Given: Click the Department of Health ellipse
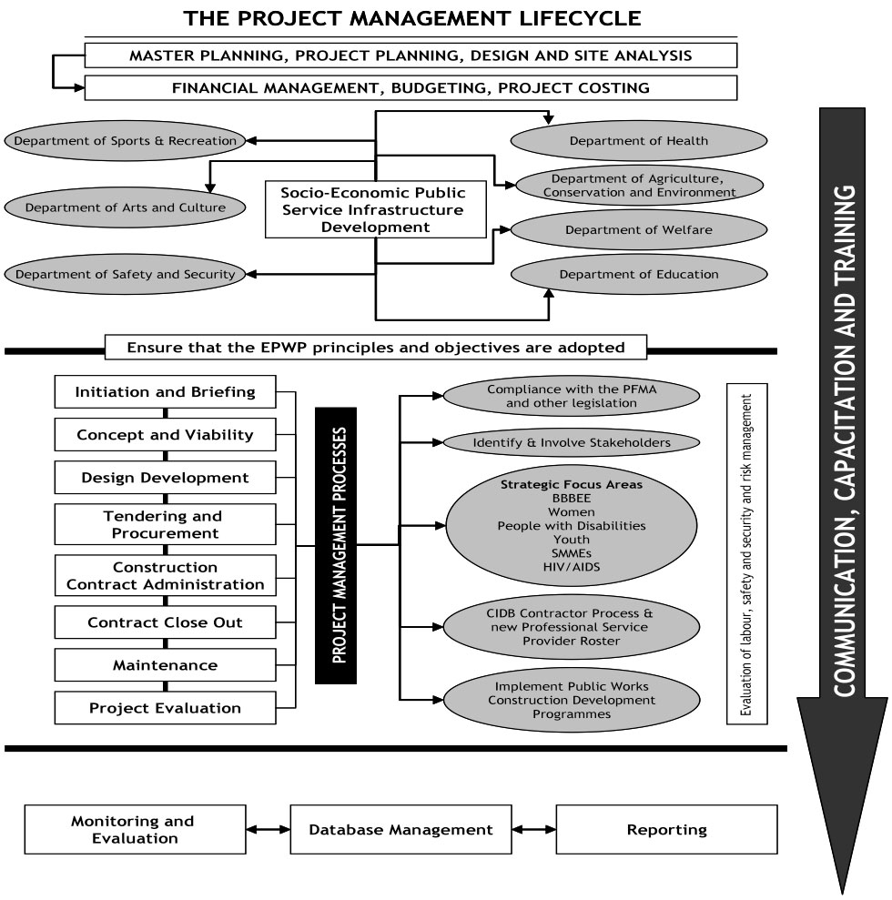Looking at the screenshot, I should [x=638, y=141].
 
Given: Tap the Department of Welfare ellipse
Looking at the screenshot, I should [x=638, y=230].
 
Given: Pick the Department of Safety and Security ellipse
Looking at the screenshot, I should [x=125, y=274].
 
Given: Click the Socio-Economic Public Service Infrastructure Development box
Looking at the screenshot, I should [x=372, y=209].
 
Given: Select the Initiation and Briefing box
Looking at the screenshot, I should [x=165, y=393].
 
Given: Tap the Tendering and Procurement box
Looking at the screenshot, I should [x=165, y=524].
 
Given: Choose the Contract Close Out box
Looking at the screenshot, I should [x=165, y=623].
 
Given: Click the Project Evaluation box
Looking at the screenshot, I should [x=165, y=708].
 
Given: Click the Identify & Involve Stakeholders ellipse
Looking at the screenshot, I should [x=572, y=443].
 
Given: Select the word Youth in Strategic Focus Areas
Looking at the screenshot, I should [x=572, y=540].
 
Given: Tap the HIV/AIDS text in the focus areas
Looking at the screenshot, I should [x=572, y=567].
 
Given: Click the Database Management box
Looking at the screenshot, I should [x=400, y=830].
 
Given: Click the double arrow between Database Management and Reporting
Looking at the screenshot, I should [x=534, y=830].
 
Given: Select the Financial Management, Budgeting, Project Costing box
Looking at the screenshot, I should [x=410, y=88].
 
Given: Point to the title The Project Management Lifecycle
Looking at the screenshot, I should [x=411, y=17].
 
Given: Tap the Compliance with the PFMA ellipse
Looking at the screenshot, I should [x=572, y=395].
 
